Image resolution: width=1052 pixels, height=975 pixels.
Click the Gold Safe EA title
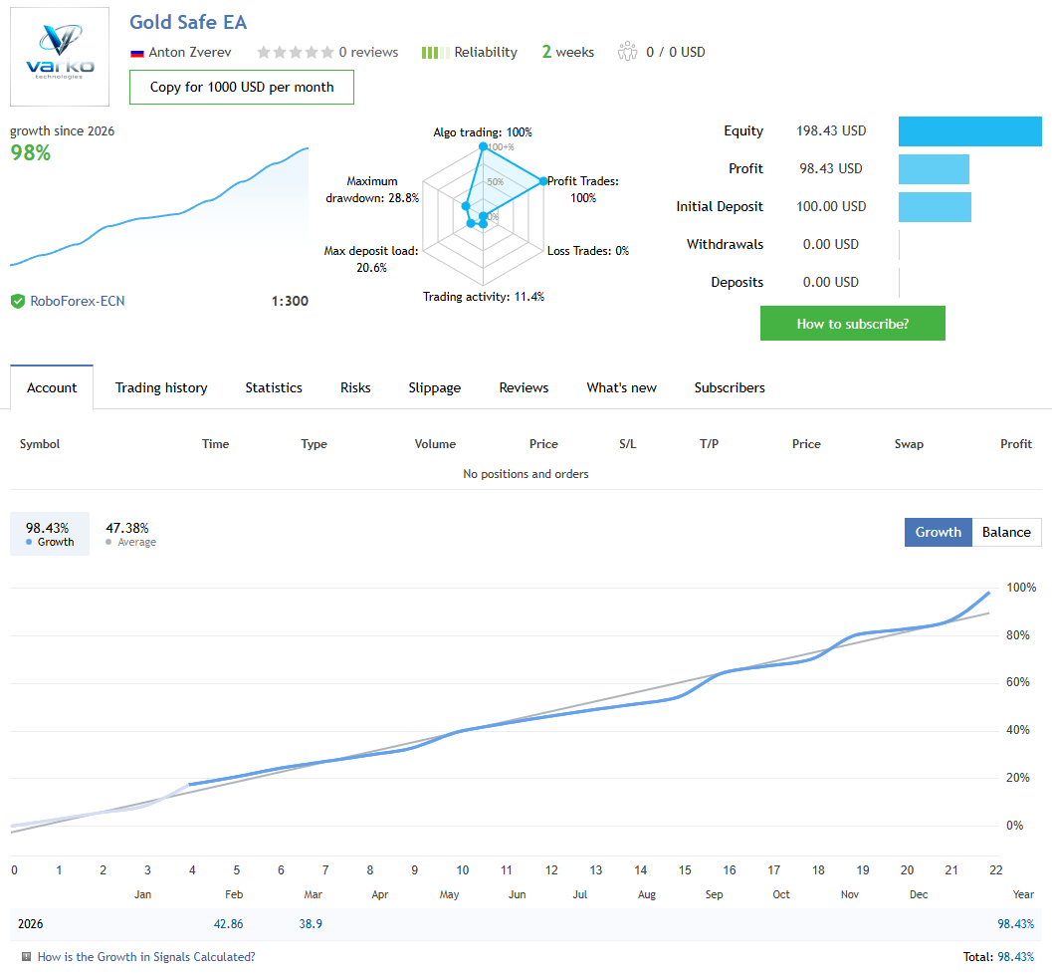point(188,22)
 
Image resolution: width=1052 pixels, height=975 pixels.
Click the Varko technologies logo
point(60,57)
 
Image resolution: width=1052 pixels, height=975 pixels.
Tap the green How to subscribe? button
point(852,324)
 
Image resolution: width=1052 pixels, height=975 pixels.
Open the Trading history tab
point(161,387)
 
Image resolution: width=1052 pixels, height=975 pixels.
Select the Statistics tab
point(274,387)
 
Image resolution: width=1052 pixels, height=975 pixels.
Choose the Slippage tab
point(434,387)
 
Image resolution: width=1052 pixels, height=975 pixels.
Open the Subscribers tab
point(730,387)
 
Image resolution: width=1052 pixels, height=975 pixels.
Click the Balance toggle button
point(1005,532)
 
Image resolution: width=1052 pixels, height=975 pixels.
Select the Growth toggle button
point(938,532)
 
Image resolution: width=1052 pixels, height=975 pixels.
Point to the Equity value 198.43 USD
point(831,130)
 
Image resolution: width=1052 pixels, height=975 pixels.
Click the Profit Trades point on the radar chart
point(543,181)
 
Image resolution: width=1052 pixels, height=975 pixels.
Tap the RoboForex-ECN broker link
point(78,301)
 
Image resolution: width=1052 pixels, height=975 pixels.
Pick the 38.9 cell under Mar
point(311,924)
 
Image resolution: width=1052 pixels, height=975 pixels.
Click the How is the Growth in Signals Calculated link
point(146,957)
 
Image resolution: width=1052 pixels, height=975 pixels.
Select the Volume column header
point(435,444)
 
